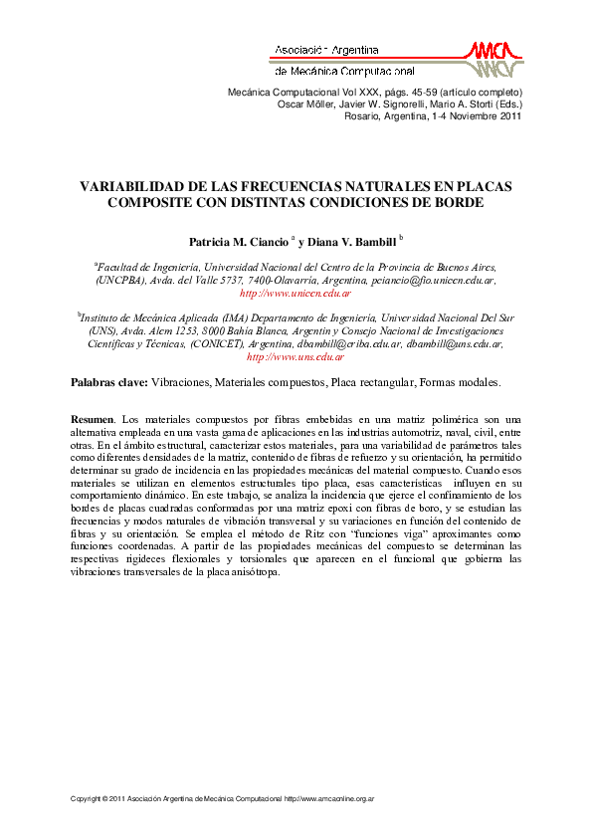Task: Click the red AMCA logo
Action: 494,58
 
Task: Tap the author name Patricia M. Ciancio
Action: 239,242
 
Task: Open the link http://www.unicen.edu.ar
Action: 296,294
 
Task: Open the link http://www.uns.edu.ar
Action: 296,356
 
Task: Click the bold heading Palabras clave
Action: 109,382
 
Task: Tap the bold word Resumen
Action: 93,420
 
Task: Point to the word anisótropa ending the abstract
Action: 258,571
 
